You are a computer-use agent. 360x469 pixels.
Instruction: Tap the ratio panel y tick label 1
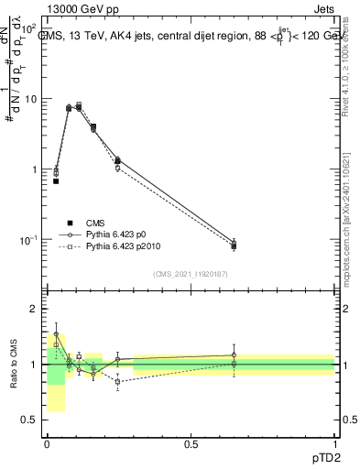[35, 365]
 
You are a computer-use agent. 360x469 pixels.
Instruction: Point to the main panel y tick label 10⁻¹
[28, 240]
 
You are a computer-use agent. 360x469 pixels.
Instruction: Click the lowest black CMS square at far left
[56, 181]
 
